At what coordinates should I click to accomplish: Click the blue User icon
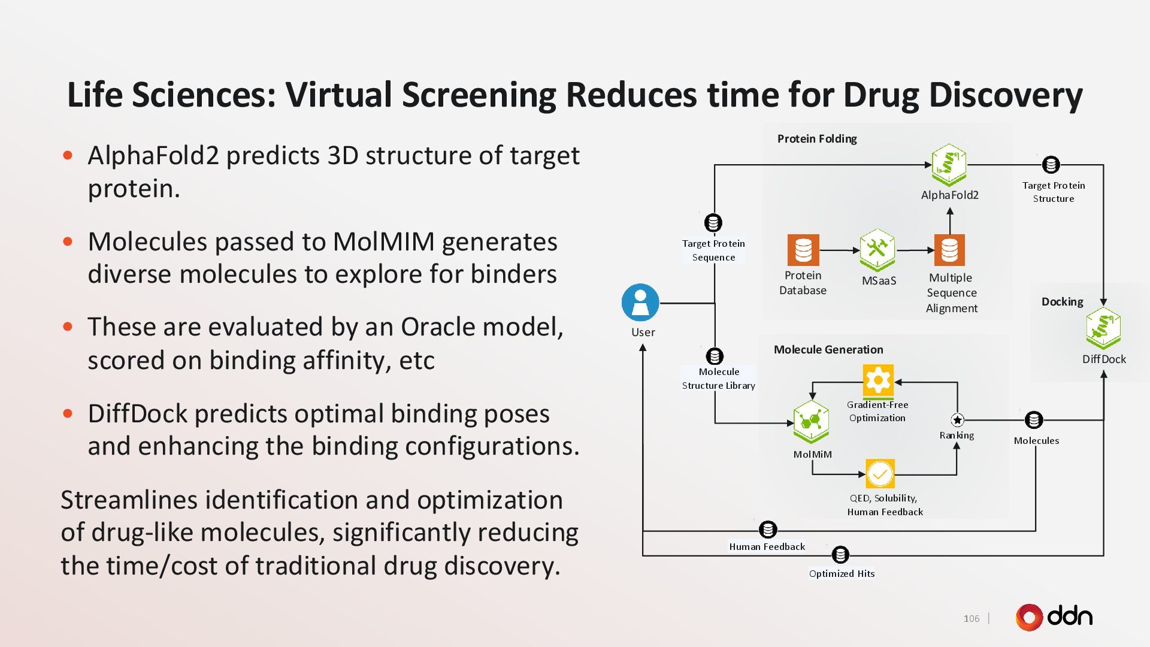pos(640,303)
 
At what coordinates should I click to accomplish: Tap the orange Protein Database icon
pos(803,250)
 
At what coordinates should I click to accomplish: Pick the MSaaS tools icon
pos(877,249)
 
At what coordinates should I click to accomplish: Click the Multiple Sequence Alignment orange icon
pos(949,250)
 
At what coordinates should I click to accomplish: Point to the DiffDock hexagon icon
pos(1103,328)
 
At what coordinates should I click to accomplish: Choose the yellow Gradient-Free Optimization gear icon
pos(878,381)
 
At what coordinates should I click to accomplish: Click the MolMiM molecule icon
pos(811,422)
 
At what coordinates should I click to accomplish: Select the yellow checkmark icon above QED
pos(880,474)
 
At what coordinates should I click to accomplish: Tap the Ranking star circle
pos(957,420)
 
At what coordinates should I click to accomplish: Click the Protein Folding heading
pos(817,139)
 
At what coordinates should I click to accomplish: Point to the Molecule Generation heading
pos(828,350)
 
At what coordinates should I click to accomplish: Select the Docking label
pos(1062,302)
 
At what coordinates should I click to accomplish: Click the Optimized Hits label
pos(842,574)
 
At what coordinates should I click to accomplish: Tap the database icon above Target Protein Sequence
pos(713,223)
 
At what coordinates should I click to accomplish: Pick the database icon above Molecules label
pos(1034,420)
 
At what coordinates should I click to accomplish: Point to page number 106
pos(972,619)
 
